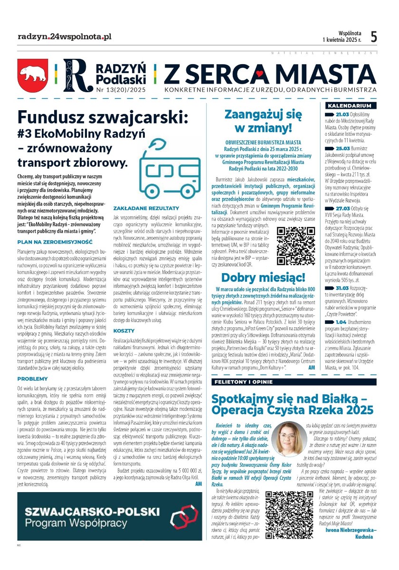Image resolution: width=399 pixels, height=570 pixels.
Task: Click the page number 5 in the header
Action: [374, 37]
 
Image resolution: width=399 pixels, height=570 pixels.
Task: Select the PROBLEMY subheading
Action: [32, 366]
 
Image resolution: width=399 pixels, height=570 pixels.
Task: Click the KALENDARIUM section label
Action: [349, 105]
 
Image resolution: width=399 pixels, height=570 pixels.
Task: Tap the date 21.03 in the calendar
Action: [342, 114]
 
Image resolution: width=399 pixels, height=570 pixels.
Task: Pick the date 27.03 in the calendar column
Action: [342, 208]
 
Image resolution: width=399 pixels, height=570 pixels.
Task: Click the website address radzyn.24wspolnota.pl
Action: [64, 37]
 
